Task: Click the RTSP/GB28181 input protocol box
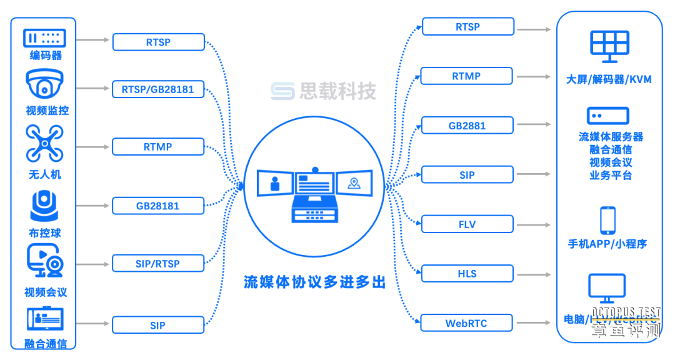(158, 89)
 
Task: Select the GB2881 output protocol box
(467, 126)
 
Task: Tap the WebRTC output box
(466, 323)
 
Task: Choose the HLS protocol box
(467, 274)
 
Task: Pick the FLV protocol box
(467, 224)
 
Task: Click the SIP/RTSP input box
(158, 264)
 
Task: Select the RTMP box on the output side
(466, 76)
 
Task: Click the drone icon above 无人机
(44, 144)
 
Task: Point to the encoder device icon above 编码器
(44, 37)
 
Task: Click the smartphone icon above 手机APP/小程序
(607, 220)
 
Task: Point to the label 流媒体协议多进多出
(314, 282)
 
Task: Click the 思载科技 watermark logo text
(337, 91)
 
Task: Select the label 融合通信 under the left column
(46, 343)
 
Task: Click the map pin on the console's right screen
(354, 183)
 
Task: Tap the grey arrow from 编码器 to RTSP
(94, 40)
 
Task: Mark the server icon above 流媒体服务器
(607, 116)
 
